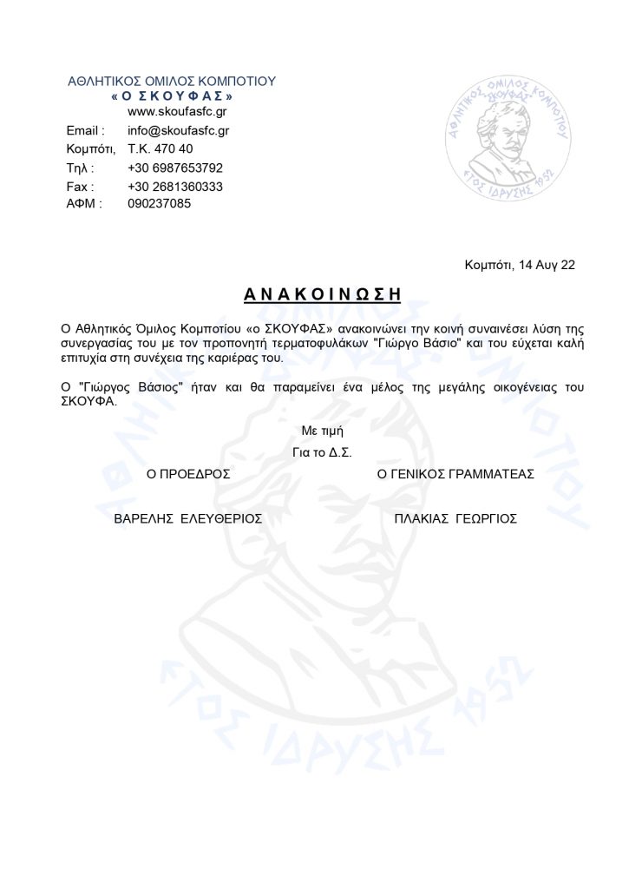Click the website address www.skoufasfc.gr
[178, 112]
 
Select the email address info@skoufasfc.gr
[178, 131]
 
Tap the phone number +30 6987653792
[175, 168]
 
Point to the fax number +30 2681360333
[175, 187]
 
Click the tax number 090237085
[159, 204]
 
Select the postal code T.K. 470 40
[161, 149]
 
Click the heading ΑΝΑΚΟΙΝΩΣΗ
[322, 294]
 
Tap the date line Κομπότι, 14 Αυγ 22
[520, 265]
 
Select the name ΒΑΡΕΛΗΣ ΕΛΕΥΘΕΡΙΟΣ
[188, 518]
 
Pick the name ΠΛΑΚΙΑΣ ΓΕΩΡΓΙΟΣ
[455, 518]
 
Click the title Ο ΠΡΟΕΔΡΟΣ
[188, 474]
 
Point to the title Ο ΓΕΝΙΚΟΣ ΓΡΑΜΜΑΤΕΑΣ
[455, 474]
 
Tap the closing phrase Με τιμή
[322, 431]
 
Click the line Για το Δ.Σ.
[323, 452]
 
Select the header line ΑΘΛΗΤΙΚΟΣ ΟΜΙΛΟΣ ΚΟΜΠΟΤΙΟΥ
[172, 82]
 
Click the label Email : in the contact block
[85, 131]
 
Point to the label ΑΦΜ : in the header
[84, 204]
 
